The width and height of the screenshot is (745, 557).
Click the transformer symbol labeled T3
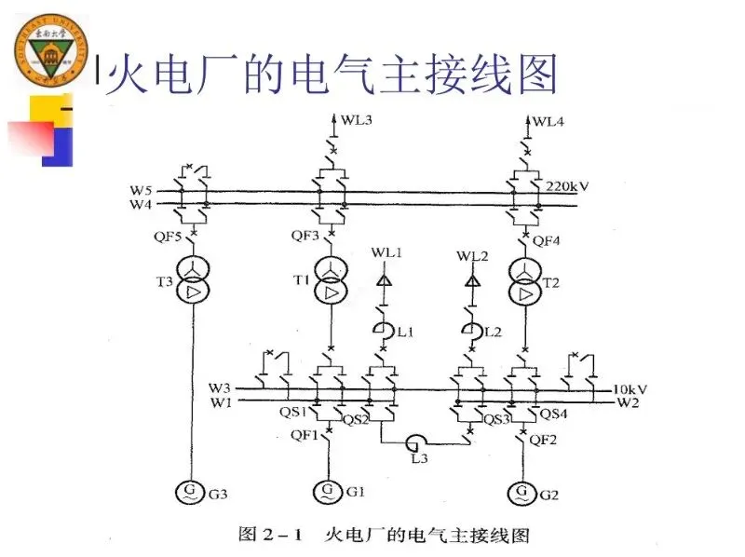[194, 280]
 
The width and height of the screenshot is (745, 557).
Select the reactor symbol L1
[382, 329]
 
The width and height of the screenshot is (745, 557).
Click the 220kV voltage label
[568, 185]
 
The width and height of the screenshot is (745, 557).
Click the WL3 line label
[355, 120]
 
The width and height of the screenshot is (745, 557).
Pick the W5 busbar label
[139, 191]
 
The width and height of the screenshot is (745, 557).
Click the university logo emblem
[55, 54]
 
